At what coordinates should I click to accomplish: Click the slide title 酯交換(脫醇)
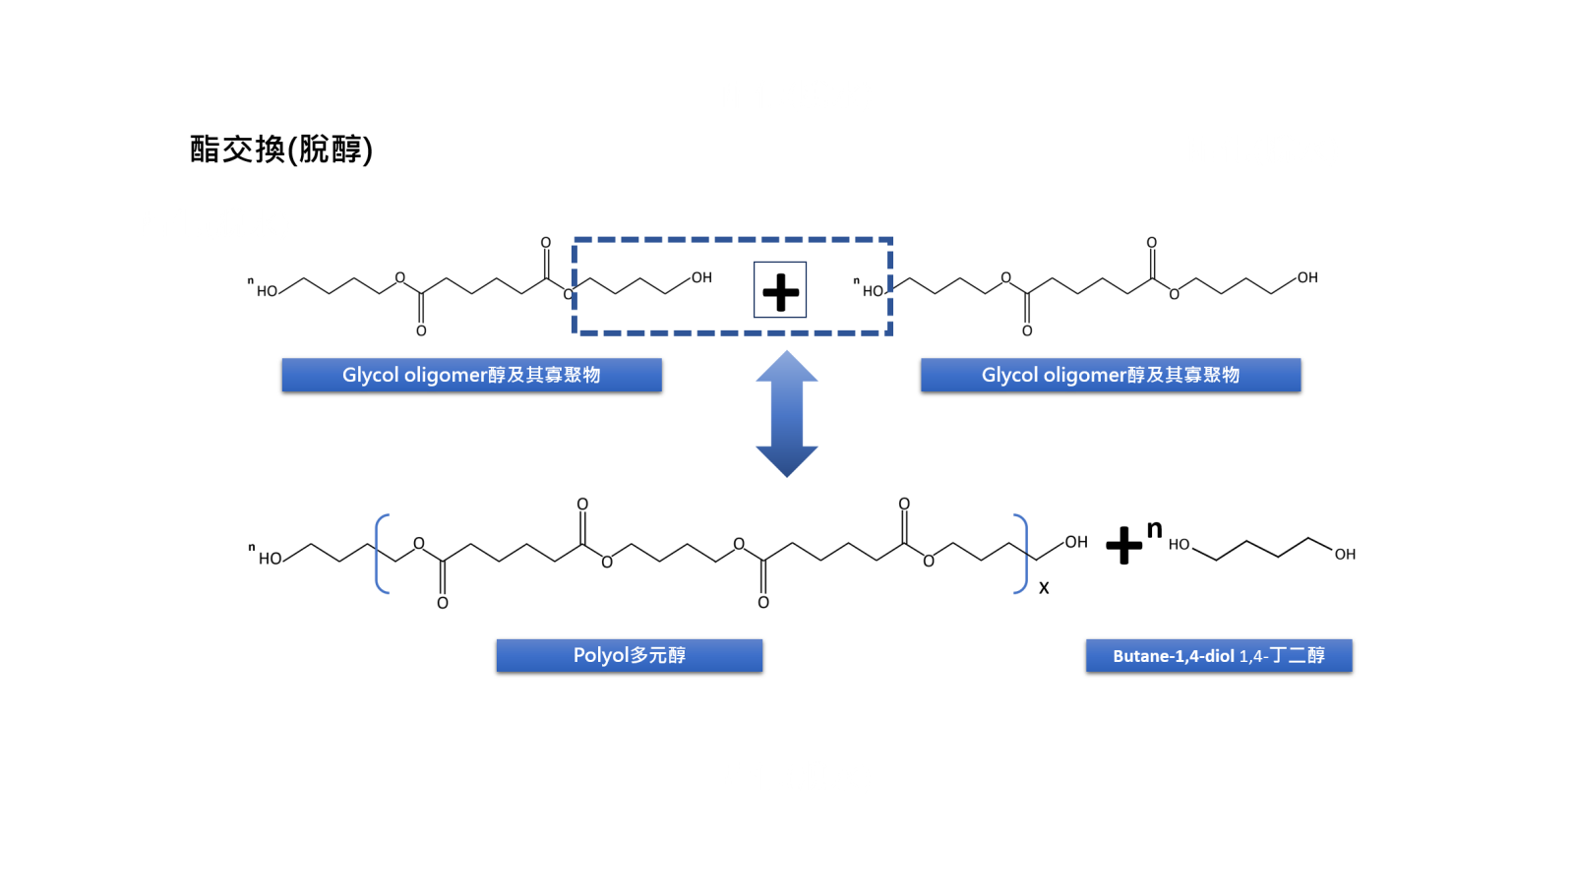281,149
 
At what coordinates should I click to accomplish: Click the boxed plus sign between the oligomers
780,290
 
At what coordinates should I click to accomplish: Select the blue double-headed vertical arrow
787,414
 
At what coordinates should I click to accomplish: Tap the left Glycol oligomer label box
471,375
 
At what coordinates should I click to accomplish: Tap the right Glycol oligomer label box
1110,375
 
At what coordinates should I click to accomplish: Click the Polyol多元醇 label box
629,655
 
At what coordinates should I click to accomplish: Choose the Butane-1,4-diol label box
1218,655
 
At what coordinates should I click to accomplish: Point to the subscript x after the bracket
1044,588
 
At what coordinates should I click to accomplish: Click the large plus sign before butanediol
1123,546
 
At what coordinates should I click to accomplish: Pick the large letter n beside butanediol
1155,529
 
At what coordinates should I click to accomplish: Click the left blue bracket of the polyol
382,554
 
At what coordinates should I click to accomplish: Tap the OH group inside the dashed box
701,277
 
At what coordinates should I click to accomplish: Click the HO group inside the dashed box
873,291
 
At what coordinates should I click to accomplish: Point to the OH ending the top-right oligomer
1307,277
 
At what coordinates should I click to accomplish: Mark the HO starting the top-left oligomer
267,291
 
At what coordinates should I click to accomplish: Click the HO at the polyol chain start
270,559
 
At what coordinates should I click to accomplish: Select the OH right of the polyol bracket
1076,542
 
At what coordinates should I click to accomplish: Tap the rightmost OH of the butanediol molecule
1345,555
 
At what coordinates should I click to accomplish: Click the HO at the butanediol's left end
1179,544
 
